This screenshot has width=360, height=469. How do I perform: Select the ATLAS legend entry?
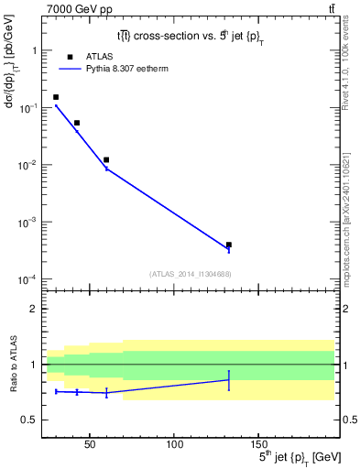[x=87, y=56]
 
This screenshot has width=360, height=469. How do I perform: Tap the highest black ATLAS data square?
[x=56, y=97]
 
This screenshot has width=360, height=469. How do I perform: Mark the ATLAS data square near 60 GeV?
[x=106, y=159]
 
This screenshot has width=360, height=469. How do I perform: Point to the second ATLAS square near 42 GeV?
[x=77, y=123]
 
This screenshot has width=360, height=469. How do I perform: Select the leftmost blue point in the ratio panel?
[x=56, y=391]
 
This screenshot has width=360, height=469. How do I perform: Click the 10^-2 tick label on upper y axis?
[x=27, y=165]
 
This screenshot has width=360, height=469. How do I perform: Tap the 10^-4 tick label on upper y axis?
[x=27, y=279]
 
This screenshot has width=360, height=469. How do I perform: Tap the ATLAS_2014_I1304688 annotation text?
[x=189, y=273]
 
